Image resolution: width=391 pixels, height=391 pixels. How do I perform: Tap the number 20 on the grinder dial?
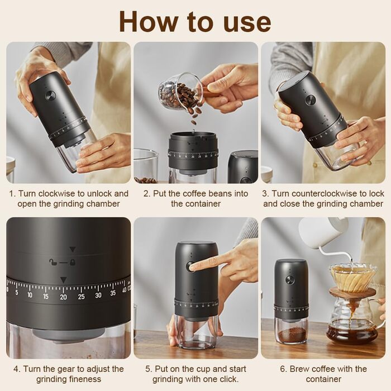pos(63,297)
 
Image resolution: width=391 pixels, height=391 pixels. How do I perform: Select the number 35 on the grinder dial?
pos(113,293)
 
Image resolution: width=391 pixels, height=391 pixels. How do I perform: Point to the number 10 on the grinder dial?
pos(30,295)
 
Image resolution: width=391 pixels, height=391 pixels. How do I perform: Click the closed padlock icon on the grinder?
pos(73,262)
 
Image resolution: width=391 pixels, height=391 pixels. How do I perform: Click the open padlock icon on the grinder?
pos(53,262)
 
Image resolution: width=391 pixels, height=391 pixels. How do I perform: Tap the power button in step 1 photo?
pos(50,96)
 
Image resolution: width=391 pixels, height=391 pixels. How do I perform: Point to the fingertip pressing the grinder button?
pos(193,268)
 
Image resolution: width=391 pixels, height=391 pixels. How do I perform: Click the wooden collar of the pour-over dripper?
pos(352,292)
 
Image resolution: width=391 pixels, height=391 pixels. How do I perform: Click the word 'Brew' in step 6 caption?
pos(298,369)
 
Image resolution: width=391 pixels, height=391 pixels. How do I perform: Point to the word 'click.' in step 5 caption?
pos(229,379)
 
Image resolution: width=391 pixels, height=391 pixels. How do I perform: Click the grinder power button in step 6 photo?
pos(290,280)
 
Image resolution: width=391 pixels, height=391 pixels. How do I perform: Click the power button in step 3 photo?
pos(311,100)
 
